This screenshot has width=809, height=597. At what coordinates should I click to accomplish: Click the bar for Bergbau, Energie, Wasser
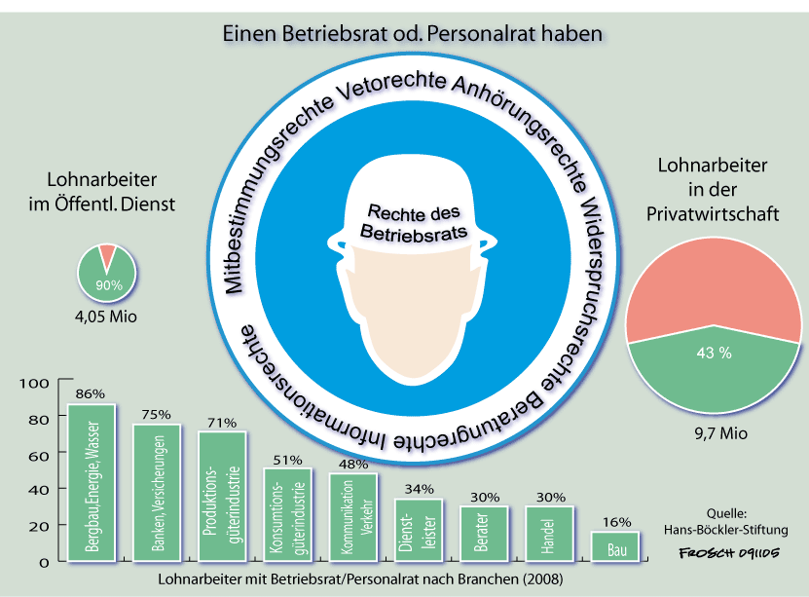pos(92,482)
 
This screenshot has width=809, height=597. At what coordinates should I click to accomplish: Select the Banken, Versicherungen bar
pos(157,493)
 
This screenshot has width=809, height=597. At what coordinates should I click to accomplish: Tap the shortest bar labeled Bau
pos(615,546)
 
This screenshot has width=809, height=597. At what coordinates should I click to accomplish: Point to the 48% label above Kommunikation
pos(353,465)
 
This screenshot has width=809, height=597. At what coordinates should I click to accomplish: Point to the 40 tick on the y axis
pos(37,491)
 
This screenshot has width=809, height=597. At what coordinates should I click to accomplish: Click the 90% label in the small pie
pos(107,285)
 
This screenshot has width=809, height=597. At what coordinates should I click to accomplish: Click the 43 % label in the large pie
pos(712,354)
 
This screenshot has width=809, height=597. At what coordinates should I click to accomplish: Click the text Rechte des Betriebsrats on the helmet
pos(415,223)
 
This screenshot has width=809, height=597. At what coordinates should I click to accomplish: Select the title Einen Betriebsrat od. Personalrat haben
pos(413,33)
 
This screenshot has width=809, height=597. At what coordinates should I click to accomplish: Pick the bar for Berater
pos(484,534)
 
